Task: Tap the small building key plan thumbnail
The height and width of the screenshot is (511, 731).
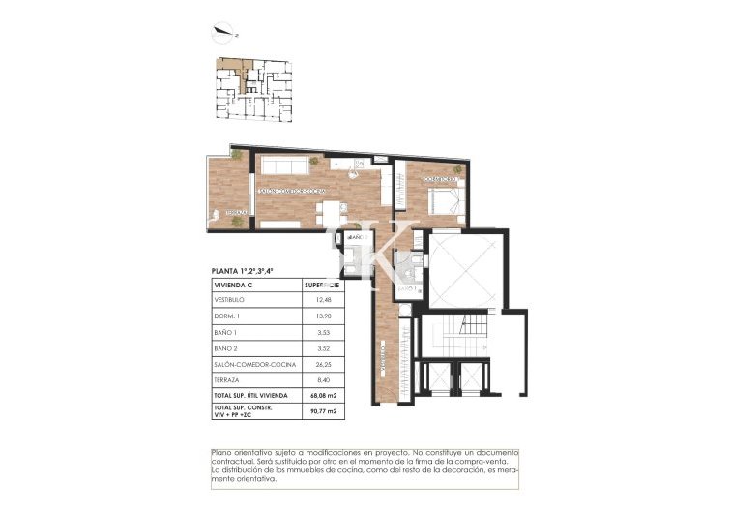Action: pos(250,90)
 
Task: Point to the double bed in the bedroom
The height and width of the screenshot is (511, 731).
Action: pos(443,201)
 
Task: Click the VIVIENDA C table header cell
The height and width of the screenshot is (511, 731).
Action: pos(233,286)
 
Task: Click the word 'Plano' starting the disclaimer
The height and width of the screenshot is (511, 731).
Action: pos(223,453)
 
